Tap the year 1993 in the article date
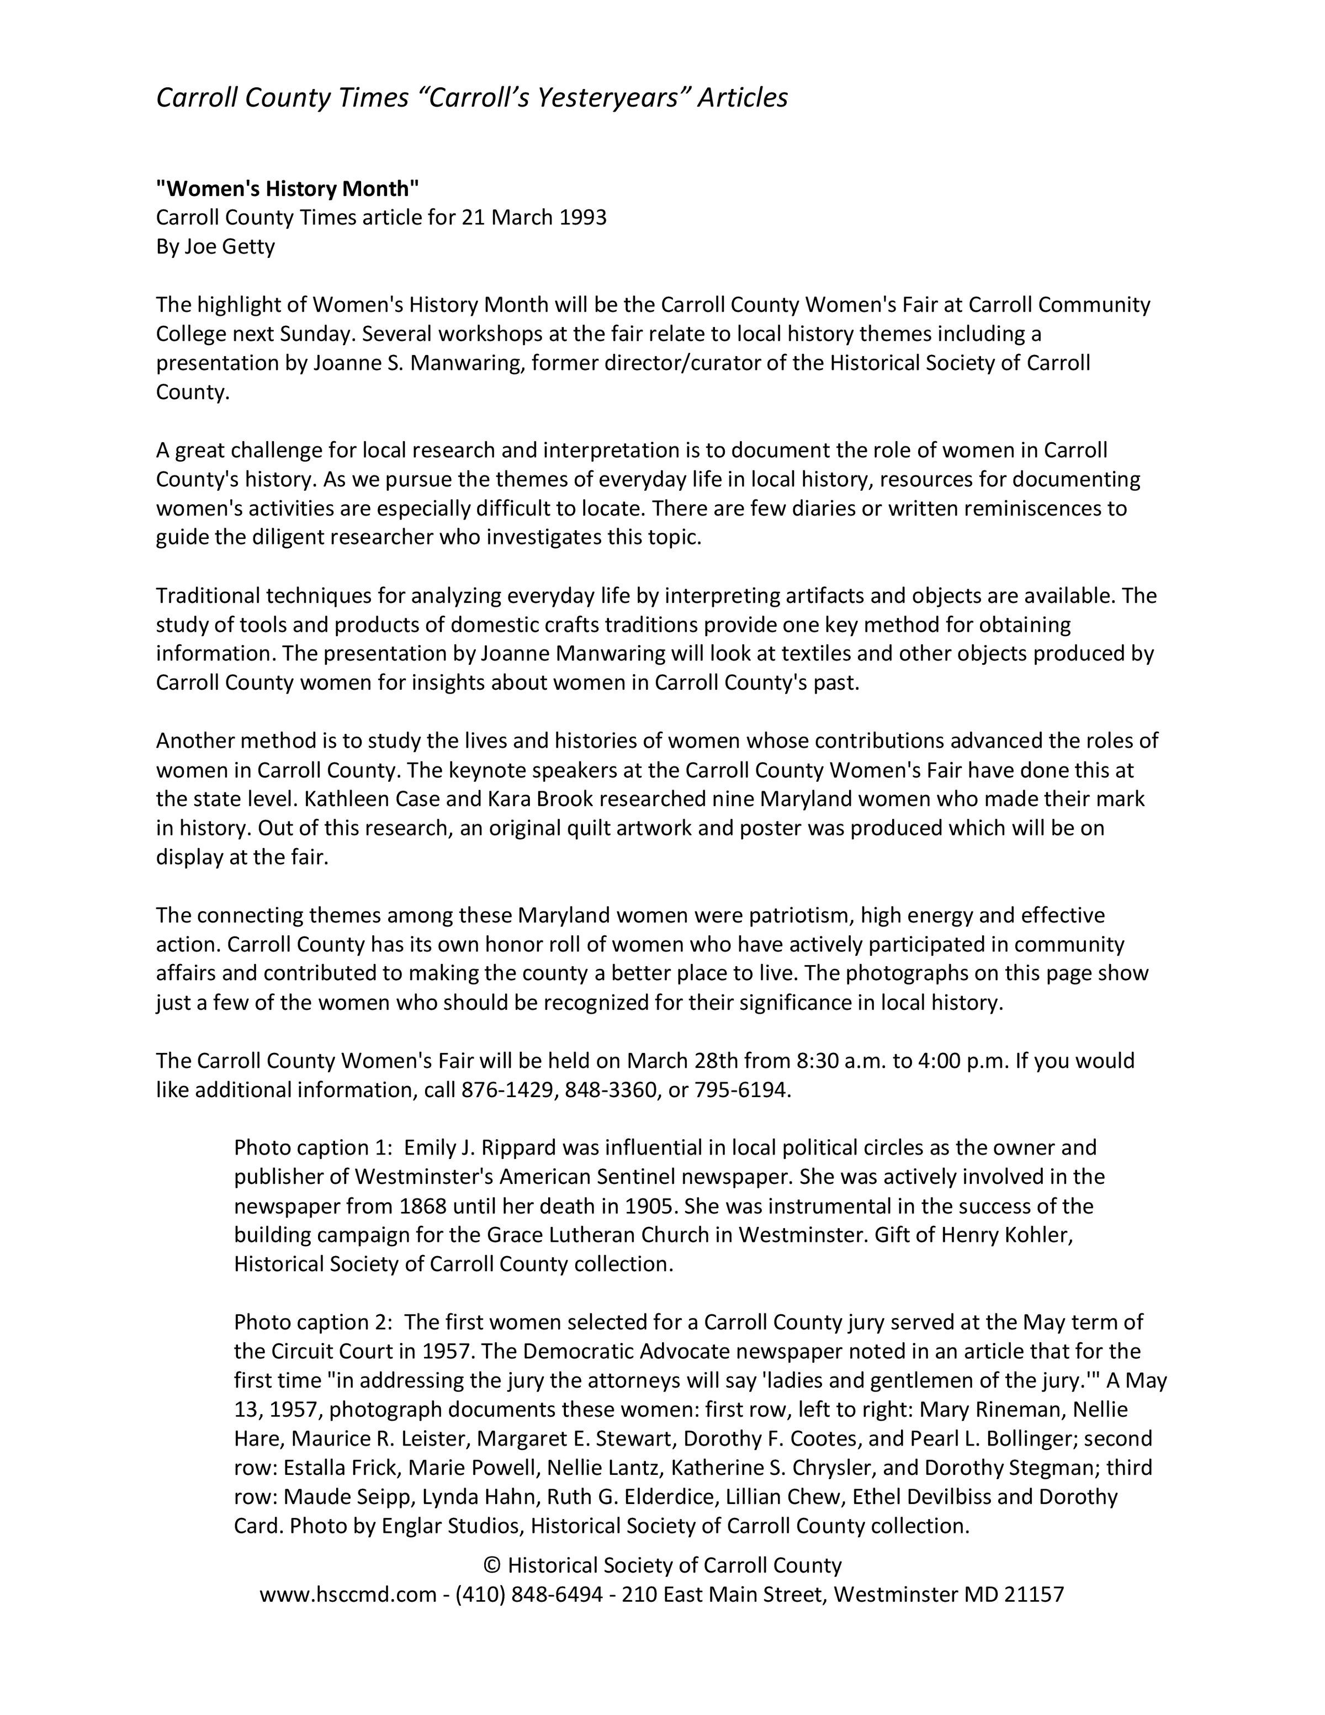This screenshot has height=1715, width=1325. point(582,218)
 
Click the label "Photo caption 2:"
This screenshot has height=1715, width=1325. point(312,1322)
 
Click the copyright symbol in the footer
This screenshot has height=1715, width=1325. point(492,1566)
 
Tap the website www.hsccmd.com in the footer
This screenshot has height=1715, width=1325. point(348,1595)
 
